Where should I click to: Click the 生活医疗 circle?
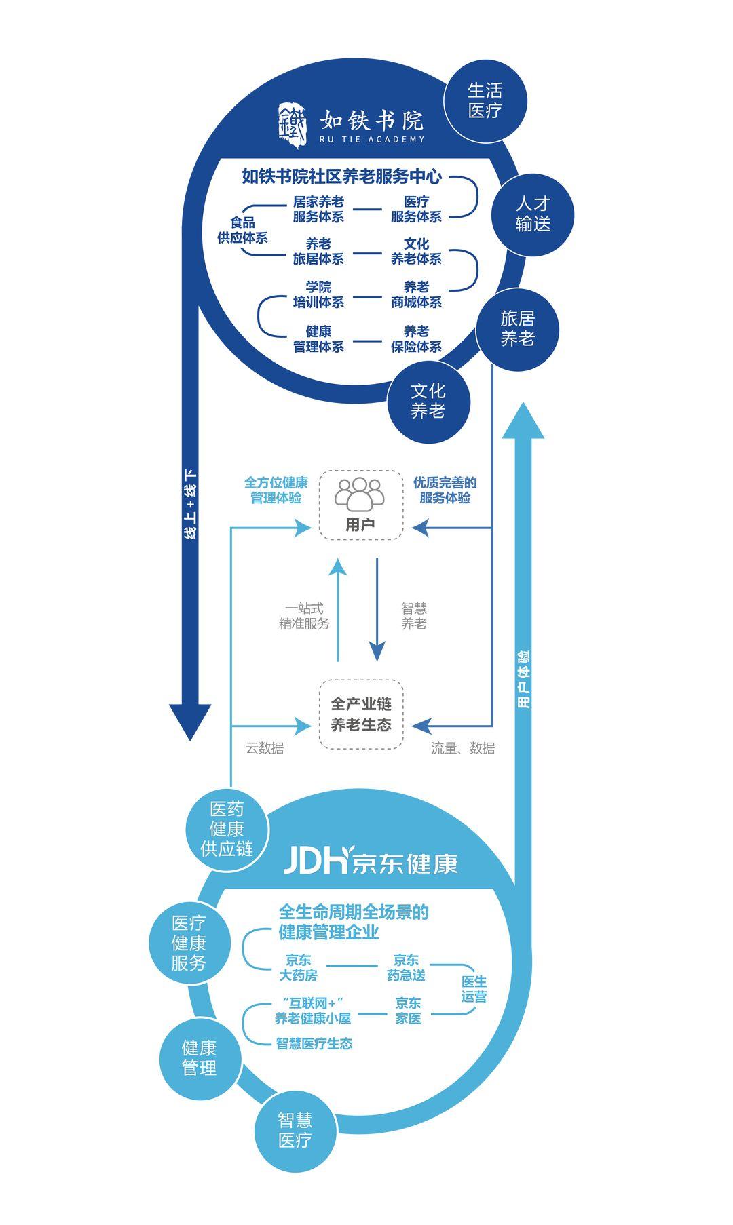[485, 100]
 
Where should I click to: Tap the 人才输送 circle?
[533, 214]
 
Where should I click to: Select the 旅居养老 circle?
[517, 328]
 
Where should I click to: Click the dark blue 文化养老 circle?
[428, 401]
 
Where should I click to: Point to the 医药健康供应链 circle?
[227, 829]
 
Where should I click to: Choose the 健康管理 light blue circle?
[200, 1058]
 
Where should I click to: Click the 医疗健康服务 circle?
[189, 943]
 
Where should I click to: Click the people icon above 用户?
[360, 494]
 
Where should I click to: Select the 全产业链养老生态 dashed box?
[361, 714]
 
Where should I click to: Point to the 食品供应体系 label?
[242, 230]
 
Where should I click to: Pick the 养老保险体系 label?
[416, 338]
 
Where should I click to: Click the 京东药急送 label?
[407, 967]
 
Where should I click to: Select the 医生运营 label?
[474, 989]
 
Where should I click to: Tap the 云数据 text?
[265, 747]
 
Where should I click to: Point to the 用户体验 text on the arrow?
[523, 679]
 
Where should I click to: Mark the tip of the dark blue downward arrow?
[190, 738]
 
